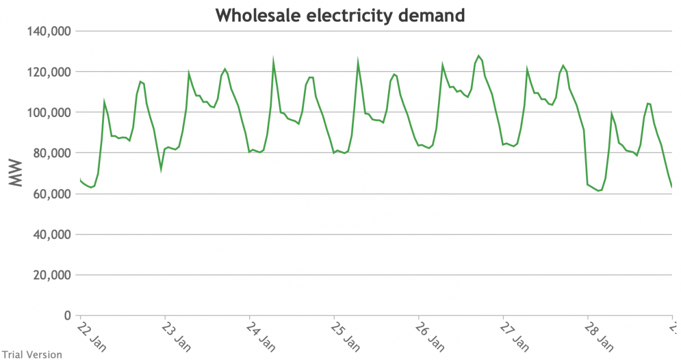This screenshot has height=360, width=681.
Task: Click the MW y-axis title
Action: point(15,173)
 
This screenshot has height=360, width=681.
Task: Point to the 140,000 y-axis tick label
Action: point(49,31)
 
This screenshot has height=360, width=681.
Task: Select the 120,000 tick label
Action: point(49,72)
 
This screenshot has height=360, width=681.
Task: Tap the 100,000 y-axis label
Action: point(49,112)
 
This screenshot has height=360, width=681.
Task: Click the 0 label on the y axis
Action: point(67,316)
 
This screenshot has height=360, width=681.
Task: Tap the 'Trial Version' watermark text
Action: point(31,354)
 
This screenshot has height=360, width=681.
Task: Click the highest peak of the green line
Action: point(478,56)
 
